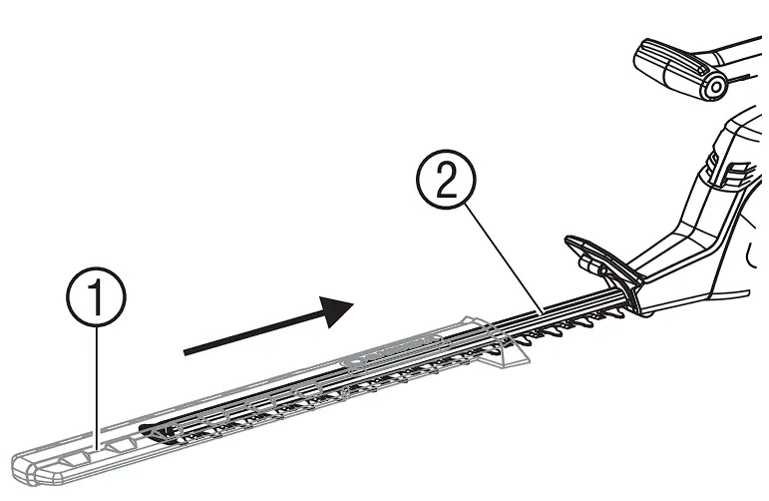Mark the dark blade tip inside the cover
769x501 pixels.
click(152, 431)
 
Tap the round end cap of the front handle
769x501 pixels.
click(714, 87)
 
